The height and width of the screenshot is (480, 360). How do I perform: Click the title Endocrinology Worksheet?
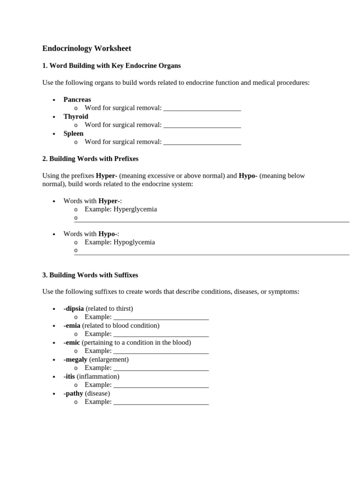coord(87,48)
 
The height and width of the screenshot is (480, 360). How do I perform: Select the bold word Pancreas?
coord(77,99)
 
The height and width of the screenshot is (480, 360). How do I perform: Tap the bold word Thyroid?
coord(76,116)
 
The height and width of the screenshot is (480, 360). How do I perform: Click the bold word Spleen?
coord(74,133)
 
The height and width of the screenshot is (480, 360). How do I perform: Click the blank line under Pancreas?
coord(202,109)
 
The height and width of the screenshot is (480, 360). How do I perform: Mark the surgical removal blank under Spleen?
coord(202,142)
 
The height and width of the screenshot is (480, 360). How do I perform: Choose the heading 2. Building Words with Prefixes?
coord(90,159)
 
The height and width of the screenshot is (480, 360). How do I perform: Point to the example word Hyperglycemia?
coord(135,209)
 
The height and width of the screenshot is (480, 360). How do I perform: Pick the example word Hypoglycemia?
coord(135,242)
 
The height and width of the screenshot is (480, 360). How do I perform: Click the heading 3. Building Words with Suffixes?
coord(90,275)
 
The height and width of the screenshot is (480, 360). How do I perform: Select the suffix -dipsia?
coord(74,308)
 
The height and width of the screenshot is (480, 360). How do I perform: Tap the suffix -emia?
coord(72,325)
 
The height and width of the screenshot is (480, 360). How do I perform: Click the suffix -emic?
coord(72,342)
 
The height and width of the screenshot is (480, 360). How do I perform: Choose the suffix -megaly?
coord(75,360)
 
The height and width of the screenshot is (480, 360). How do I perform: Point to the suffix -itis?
coord(69,376)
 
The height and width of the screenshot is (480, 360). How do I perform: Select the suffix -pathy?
coord(73,393)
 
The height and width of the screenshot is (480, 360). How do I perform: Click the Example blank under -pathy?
coord(161,403)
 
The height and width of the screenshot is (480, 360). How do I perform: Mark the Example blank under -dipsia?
coord(161,318)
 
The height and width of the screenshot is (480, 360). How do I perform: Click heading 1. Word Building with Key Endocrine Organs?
coord(112,66)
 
